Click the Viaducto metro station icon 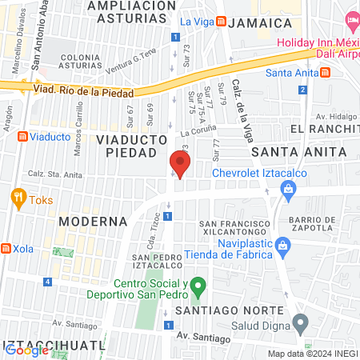pos(22,137)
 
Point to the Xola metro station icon pos(6,249)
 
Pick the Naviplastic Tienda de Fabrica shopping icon pos(281,245)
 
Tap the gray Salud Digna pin pos(301,324)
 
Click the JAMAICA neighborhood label pos(258,24)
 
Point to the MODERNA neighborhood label pos(92,220)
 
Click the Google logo pos(26,350)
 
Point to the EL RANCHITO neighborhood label pos(324,129)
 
